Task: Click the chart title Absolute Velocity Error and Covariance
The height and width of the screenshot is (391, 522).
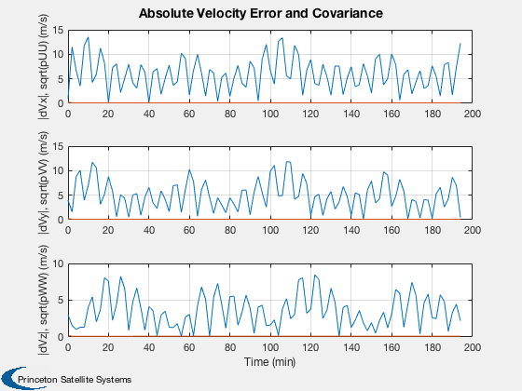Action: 261,13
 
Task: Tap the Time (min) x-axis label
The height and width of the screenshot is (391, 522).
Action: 269,362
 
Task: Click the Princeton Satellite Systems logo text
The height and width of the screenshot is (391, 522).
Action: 75,380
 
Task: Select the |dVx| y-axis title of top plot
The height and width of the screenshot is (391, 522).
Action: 44,67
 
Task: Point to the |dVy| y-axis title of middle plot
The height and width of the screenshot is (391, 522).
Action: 44,182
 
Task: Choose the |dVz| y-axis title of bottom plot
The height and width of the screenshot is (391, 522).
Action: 44,300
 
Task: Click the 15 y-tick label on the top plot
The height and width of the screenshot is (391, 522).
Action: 58,30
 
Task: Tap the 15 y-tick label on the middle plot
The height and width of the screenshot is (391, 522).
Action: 58,147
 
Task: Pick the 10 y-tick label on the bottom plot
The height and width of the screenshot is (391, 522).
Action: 58,264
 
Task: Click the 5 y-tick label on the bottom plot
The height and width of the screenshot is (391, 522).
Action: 61,300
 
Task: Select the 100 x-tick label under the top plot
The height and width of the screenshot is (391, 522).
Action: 270,114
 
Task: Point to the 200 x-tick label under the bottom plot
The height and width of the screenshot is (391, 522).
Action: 472,348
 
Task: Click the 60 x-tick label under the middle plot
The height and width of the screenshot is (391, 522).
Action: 189,231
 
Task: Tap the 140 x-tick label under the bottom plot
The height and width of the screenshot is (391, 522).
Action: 350,348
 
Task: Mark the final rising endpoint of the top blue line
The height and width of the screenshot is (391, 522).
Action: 460,43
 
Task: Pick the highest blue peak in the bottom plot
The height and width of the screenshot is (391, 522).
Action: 315,276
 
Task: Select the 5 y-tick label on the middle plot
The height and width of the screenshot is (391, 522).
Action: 61,195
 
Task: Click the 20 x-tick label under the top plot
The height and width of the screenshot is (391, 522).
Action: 108,114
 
